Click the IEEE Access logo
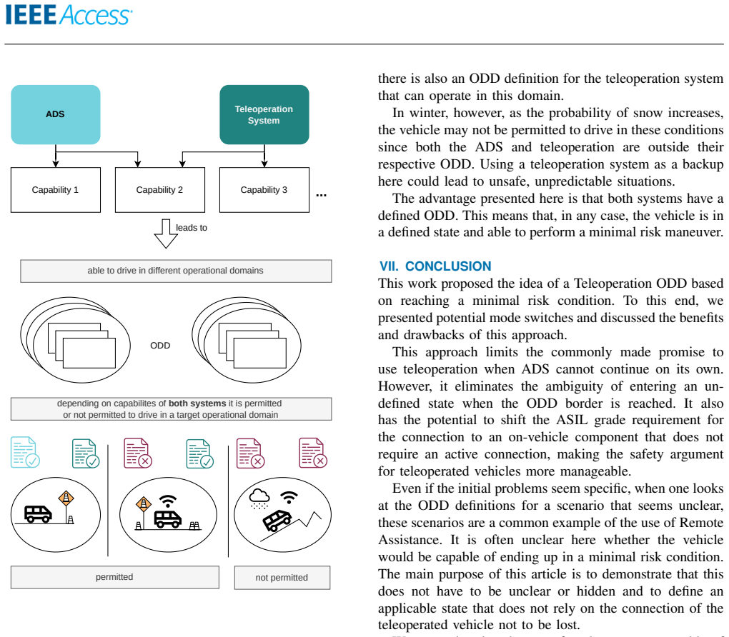69,15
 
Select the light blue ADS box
55,114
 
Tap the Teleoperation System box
264,114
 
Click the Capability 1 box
55,189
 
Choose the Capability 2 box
160,189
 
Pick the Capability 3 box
264,189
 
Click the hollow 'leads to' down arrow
166,234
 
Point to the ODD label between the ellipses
160,345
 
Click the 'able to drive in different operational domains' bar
176,271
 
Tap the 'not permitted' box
282,578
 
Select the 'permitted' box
115,577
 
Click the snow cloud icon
259,498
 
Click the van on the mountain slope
277,520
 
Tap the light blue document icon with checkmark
24,451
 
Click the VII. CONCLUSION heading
435,266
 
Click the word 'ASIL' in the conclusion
572,420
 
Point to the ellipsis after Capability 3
322,195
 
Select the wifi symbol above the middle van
167,501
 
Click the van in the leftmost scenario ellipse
38,514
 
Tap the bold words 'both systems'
197,403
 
